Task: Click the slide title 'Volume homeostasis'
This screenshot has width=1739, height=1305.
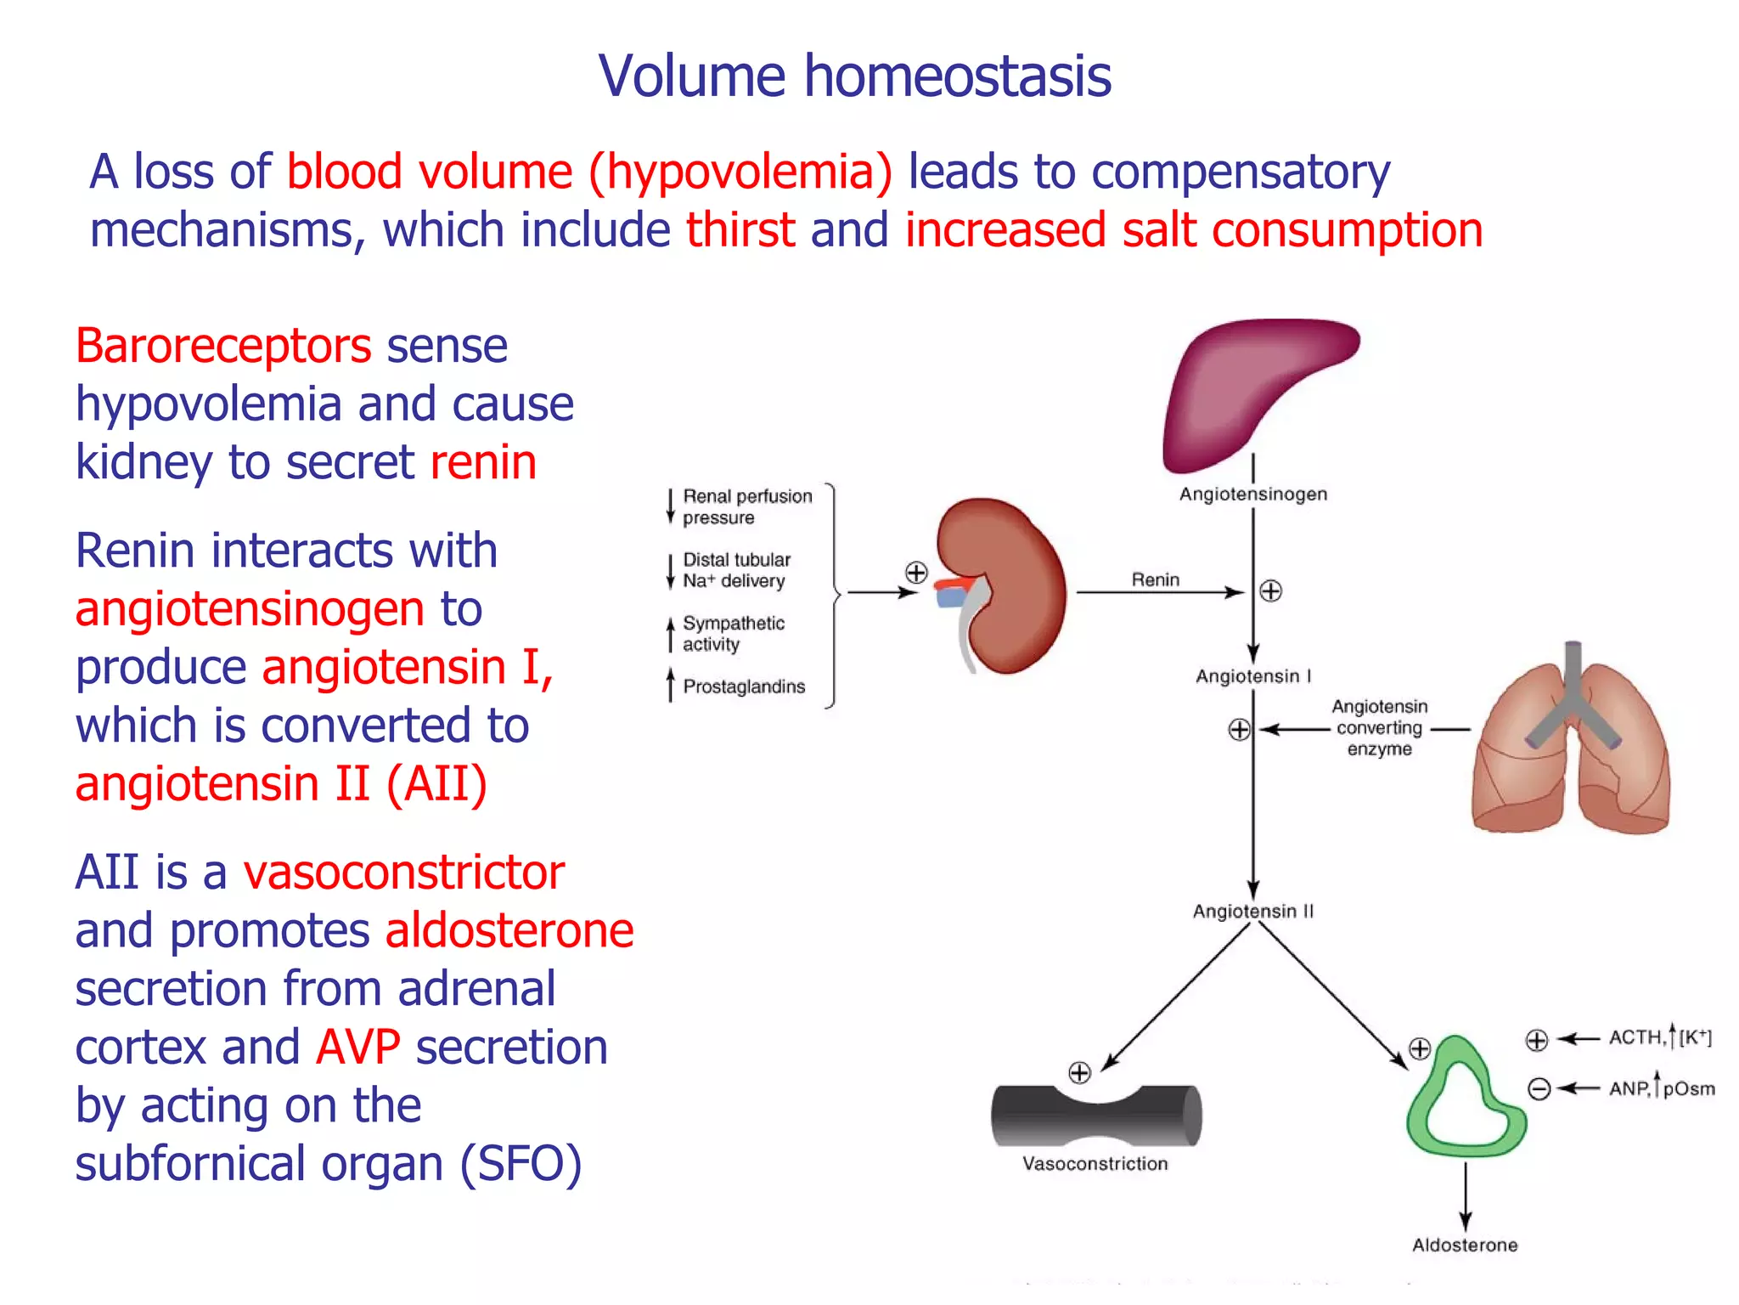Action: pos(854,76)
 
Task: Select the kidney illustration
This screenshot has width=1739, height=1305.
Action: pos(1006,586)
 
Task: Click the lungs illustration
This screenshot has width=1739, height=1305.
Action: pos(1571,748)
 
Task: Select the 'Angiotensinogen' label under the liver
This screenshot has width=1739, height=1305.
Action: pos(1252,494)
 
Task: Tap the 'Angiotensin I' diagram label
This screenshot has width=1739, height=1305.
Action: pos(1253,676)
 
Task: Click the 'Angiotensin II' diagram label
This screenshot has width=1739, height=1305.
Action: pos(1252,912)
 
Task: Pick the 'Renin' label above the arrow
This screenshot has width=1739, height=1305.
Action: pos(1155,579)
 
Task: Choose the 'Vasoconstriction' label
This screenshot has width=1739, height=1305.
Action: pos(1095,1164)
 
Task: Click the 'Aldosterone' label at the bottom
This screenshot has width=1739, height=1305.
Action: pos(1465,1246)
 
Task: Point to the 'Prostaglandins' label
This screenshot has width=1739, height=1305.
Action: pos(744,686)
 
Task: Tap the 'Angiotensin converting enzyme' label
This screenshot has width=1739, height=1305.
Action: pos(1379,728)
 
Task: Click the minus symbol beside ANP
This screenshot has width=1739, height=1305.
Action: pos(1539,1089)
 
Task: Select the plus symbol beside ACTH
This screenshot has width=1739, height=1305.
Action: pos(1537,1040)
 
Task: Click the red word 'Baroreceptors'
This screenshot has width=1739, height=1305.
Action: pos(223,347)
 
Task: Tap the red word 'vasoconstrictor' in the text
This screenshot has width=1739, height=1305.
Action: pos(404,873)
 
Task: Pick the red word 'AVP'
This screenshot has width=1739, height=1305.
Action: pos(357,1048)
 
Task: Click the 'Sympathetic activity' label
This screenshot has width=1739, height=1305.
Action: pos(733,634)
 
